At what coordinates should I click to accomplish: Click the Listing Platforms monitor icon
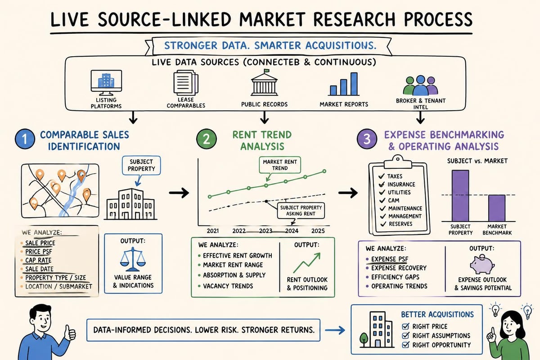coord(103,83)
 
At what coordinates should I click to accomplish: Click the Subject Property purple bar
coord(461,195)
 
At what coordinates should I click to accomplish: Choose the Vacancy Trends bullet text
coord(228,286)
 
